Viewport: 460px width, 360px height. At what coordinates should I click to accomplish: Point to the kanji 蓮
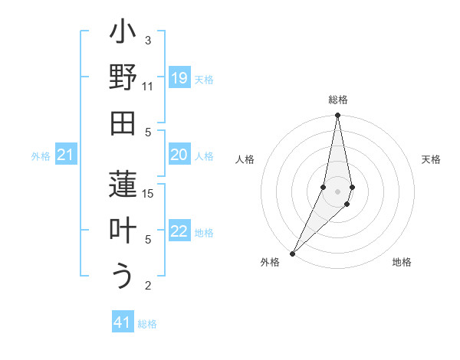[123, 185]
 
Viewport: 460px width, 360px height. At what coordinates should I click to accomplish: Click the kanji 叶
[123, 230]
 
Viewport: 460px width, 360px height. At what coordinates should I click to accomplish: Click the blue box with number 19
[179, 78]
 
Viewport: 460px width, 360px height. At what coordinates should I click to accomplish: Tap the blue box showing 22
[179, 232]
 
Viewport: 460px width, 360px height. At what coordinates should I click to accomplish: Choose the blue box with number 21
[65, 155]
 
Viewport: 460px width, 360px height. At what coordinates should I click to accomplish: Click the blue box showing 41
[123, 323]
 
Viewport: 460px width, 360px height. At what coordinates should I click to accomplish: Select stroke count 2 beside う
[148, 286]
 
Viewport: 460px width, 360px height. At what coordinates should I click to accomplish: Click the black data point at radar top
[337, 116]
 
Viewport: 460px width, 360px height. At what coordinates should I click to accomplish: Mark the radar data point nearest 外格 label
[292, 253]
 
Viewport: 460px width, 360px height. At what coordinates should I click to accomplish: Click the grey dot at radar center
[337, 191]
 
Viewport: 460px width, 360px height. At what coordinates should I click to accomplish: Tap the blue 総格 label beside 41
[147, 324]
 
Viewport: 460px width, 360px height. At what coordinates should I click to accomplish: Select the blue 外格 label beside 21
[41, 156]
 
